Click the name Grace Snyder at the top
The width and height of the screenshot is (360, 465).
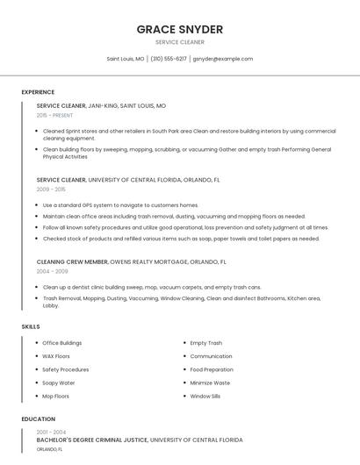(x=179, y=29)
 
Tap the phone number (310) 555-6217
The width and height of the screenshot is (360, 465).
(x=169, y=59)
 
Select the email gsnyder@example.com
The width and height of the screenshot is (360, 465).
(x=222, y=59)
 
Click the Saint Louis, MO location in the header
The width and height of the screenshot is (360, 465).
(x=126, y=59)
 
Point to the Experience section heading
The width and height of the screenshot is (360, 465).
(x=38, y=92)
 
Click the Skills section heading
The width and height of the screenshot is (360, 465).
(x=31, y=326)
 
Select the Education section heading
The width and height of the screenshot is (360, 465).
(x=39, y=419)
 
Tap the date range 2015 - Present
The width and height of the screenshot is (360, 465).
(x=54, y=115)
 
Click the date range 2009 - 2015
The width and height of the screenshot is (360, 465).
(x=51, y=189)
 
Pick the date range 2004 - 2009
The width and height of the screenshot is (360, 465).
(x=52, y=271)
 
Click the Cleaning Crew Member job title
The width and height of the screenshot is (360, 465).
(x=73, y=261)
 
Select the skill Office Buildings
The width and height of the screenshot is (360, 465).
(x=61, y=343)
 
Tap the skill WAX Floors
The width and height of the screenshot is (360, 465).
(x=56, y=356)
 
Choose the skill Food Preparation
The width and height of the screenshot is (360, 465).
(x=212, y=369)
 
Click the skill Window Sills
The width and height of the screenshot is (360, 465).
(x=205, y=396)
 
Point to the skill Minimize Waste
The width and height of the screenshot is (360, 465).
(x=210, y=383)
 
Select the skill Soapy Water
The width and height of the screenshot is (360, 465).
(x=59, y=383)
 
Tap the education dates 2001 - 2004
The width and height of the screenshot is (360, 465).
(x=51, y=432)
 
